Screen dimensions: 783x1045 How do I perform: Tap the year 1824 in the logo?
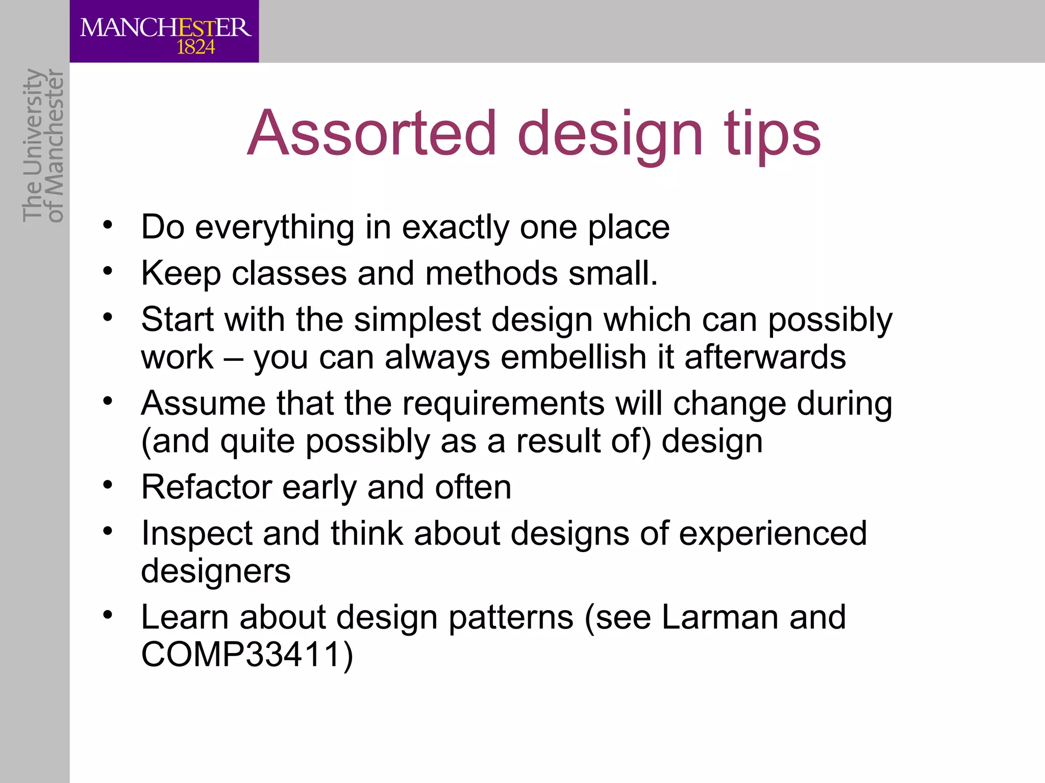pos(195,48)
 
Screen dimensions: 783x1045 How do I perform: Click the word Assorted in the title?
pos(372,134)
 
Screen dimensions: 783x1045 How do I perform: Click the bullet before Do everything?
pos(107,225)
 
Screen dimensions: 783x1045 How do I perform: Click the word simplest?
pos(417,320)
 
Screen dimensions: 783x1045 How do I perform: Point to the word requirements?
pos(503,404)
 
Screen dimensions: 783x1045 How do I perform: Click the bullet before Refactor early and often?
pos(107,485)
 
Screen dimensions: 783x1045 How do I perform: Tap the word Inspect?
pos(197,534)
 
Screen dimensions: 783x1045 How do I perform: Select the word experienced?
pos(773,534)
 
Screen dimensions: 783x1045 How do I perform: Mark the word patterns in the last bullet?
pos(511,617)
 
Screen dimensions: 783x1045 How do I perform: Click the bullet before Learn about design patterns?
pos(107,615)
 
